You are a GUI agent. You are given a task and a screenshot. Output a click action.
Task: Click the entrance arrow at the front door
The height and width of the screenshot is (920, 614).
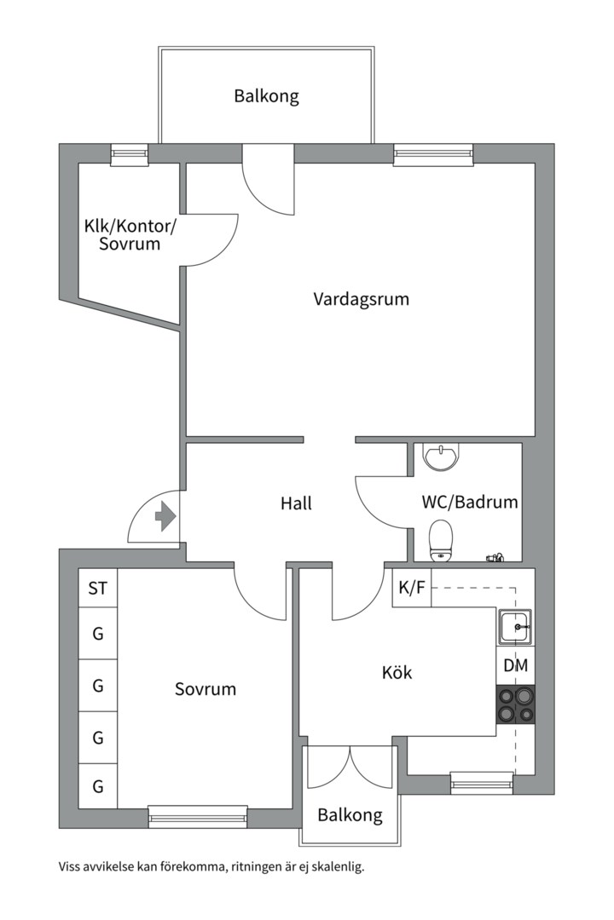(x=165, y=517)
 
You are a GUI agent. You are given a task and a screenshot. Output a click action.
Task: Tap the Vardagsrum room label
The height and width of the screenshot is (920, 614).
(x=361, y=299)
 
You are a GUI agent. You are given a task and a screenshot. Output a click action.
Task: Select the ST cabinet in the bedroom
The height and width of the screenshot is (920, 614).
(x=98, y=588)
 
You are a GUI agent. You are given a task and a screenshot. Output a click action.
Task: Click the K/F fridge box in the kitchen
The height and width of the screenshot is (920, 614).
(x=412, y=587)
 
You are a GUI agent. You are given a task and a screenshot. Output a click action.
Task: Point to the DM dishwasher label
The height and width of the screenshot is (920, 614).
(x=516, y=665)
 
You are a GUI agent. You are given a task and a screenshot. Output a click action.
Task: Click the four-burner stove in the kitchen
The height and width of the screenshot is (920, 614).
(x=516, y=704)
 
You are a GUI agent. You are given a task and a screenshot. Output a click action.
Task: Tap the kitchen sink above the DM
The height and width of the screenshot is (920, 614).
(x=516, y=627)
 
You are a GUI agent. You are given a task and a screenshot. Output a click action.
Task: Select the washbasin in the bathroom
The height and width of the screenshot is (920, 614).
(x=441, y=457)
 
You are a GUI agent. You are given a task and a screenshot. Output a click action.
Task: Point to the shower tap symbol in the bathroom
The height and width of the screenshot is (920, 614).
(x=495, y=557)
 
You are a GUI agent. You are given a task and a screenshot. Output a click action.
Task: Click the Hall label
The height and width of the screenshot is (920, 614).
(x=296, y=503)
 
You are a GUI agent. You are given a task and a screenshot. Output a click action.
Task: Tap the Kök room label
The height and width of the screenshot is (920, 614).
(x=397, y=672)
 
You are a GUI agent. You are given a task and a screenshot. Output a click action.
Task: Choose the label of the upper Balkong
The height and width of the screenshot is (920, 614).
(x=267, y=96)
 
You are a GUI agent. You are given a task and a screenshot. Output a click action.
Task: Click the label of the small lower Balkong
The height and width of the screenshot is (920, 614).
(x=350, y=815)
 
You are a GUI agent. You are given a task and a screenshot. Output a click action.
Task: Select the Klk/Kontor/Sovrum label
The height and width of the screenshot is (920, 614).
(x=130, y=235)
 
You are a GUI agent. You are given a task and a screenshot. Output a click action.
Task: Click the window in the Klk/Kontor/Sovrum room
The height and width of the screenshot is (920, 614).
(x=130, y=154)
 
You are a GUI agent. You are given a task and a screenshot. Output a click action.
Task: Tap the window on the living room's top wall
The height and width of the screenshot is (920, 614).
(x=433, y=154)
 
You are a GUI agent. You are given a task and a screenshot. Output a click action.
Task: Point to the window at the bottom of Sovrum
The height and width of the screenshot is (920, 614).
(x=198, y=816)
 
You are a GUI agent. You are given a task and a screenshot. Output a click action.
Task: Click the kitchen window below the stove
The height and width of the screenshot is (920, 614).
(x=482, y=783)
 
